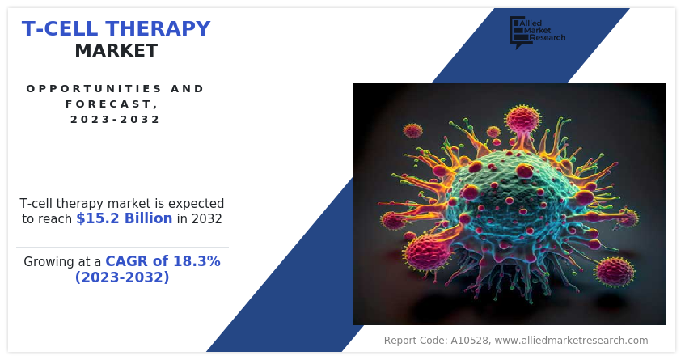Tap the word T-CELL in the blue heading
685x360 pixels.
click(x=60, y=28)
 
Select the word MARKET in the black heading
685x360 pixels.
click(x=116, y=51)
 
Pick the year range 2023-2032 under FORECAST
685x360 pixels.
click(x=116, y=119)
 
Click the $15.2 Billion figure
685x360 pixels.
click(x=125, y=218)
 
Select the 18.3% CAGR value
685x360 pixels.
click(x=197, y=261)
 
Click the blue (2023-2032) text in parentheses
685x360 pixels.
click(x=122, y=277)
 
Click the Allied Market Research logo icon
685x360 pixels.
click(x=518, y=32)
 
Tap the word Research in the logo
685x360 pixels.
click(x=548, y=37)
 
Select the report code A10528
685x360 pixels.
click(x=470, y=341)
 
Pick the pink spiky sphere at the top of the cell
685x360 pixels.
click(x=522, y=118)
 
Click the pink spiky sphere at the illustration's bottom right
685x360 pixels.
click(x=615, y=272)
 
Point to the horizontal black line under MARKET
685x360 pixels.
click(x=116, y=74)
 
